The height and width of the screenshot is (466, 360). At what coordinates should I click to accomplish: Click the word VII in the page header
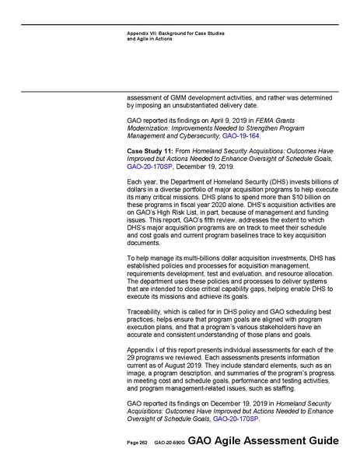pos(156,33)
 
